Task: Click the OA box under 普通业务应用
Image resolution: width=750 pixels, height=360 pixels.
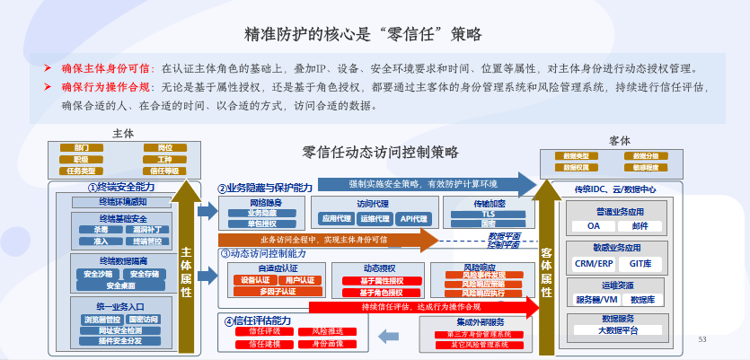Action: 593,226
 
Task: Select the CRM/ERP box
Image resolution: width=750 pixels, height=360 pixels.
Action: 593,263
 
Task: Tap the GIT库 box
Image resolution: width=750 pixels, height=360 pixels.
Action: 640,263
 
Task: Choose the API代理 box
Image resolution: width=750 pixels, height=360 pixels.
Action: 415,218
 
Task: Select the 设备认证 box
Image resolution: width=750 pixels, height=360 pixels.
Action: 256,280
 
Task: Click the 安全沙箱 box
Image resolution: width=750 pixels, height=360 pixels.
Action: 98,274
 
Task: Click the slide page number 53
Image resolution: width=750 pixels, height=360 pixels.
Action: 702,338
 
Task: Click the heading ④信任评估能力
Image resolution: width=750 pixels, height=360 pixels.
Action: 265,320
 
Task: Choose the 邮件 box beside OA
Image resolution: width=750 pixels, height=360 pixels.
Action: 640,226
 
